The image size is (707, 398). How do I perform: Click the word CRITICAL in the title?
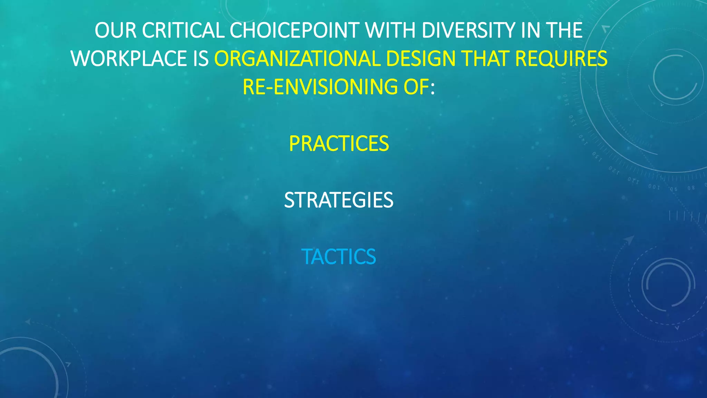coord(183,30)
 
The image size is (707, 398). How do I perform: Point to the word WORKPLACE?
coord(129,59)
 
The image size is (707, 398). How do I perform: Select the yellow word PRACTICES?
coord(339,144)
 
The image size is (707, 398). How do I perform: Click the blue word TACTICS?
coord(339,257)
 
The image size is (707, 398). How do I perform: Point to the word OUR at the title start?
coord(116,30)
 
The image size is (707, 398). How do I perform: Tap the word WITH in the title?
coord(390,30)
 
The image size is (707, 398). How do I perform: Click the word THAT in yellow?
coord(485,59)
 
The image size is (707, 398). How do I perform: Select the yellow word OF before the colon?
coord(416,87)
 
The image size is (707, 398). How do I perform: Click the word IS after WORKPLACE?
coord(201,59)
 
